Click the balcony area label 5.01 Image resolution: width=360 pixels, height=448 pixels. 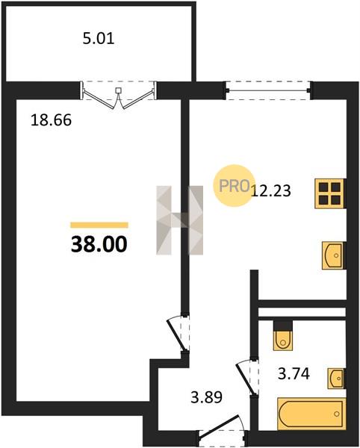[99, 39]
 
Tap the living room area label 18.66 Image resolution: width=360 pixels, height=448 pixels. [51, 120]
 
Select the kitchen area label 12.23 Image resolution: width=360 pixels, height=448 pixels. [271, 190]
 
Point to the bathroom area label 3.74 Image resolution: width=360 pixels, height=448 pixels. [294, 373]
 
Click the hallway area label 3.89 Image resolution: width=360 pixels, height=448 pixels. [207, 397]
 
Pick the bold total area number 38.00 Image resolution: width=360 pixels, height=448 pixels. [99, 245]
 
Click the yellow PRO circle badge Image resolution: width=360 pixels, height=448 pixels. [234, 185]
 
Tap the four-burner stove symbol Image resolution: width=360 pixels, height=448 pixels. [330, 193]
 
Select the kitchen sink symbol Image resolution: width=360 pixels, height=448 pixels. [333, 255]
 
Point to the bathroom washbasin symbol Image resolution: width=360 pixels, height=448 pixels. [336, 379]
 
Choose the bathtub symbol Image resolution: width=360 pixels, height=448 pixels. [311, 414]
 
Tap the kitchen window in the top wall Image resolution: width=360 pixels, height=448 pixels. [267, 91]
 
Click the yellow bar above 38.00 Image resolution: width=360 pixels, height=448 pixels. [99, 225]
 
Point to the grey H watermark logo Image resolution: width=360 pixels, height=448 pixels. [180, 220]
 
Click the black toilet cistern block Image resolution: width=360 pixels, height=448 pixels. [283, 326]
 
